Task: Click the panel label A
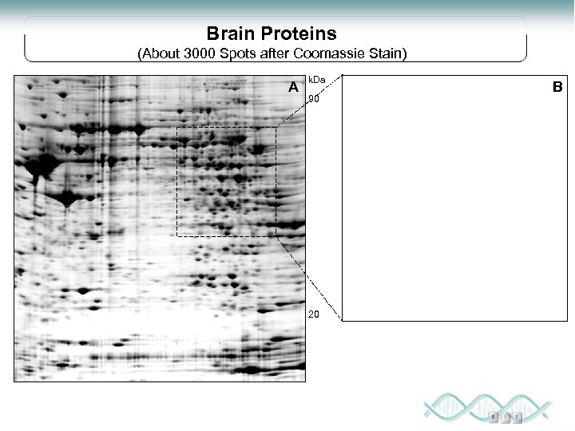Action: pyautogui.click(x=294, y=86)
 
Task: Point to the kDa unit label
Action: pyautogui.click(x=317, y=81)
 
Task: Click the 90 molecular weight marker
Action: pyautogui.click(x=314, y=100)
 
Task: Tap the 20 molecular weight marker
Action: pyautogui.click(x=314, y=314)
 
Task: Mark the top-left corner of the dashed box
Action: pyautogui.click(x=177, y=128)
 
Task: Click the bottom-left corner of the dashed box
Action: pyautogui.click(x=177, y=236)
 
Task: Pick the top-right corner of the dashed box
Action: pyautogui.click(x=276, y=128)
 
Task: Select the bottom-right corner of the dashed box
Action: pyautogui.click(x=276, y=236)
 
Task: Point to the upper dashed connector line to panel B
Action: pyautogui.click(x=308, y=101)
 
